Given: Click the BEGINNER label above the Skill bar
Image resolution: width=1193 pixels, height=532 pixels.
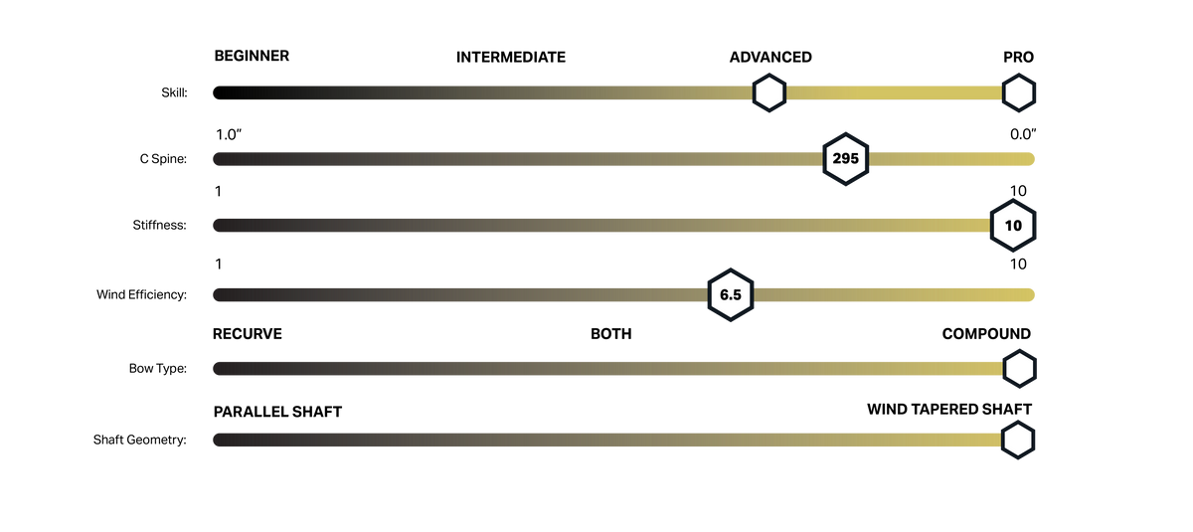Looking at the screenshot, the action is pos(252,56).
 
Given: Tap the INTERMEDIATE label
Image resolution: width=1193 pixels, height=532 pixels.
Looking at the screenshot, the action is pos(511,57).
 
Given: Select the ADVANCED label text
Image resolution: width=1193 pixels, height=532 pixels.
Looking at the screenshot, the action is pos(770,57).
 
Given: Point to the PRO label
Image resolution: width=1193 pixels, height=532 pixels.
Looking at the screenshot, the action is pos(1018,57).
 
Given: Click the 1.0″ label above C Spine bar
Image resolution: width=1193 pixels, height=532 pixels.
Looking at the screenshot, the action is pos(229,134).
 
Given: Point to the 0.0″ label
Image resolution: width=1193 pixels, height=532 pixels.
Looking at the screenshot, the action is pos(1023,134).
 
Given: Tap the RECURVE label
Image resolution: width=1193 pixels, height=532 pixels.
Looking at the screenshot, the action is pos(248,334).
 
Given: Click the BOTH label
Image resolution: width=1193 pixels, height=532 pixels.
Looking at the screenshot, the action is pos(610,334).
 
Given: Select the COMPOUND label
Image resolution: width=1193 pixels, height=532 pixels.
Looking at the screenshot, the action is pos(986,334).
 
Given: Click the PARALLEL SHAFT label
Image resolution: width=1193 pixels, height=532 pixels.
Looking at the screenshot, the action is pos(277,412).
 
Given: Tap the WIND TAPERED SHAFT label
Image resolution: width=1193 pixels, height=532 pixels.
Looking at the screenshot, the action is pos(949,409).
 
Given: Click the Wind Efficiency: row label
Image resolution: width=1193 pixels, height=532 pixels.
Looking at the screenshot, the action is pos(141,294).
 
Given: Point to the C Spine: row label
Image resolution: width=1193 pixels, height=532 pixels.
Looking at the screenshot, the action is pos(163,159).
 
